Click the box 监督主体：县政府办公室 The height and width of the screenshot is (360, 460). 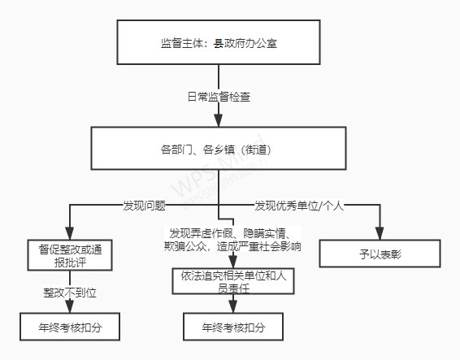point(219,42)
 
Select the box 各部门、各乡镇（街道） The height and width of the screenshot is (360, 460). point(219,148)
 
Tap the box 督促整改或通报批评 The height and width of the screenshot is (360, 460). point(70,255)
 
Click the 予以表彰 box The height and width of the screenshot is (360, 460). point(380,254)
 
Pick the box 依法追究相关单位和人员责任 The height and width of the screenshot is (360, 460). point(233,281)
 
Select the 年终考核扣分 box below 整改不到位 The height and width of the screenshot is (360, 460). point(70,327)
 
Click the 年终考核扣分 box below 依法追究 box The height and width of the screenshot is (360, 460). point(233,327)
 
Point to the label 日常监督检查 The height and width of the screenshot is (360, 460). point(219,97)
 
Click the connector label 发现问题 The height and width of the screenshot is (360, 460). point(144,206)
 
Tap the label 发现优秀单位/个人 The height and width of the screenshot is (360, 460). point(299,206)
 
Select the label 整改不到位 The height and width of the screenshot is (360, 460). point(70,293)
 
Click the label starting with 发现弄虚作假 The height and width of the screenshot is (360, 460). point(232,240)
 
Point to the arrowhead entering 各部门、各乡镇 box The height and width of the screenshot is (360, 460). point(219,120)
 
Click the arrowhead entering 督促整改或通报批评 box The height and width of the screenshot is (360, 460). point(70,233)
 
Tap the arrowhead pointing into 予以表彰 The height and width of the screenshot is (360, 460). point(380,233)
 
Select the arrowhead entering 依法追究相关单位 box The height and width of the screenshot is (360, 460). point(233,262)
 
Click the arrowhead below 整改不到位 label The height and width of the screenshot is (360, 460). point(70,306)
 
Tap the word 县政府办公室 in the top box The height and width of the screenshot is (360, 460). point(245,43)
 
